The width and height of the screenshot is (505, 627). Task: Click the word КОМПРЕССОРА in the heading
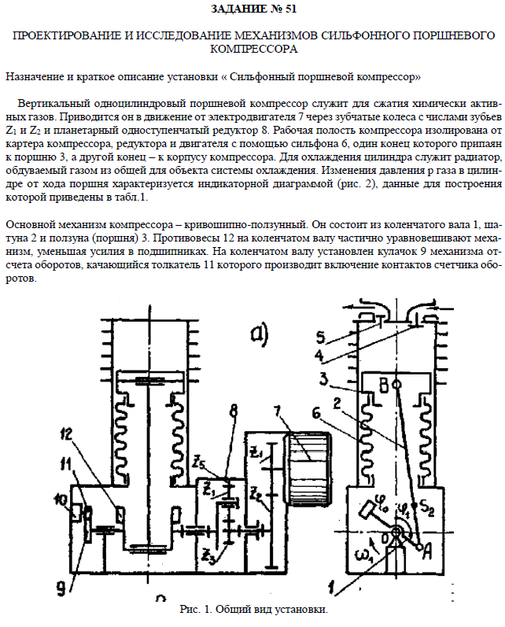click(x=252, y=50)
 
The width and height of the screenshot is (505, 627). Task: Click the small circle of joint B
click(x=396, y=385)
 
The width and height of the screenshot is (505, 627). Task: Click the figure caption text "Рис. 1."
click(x=195, y=610)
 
